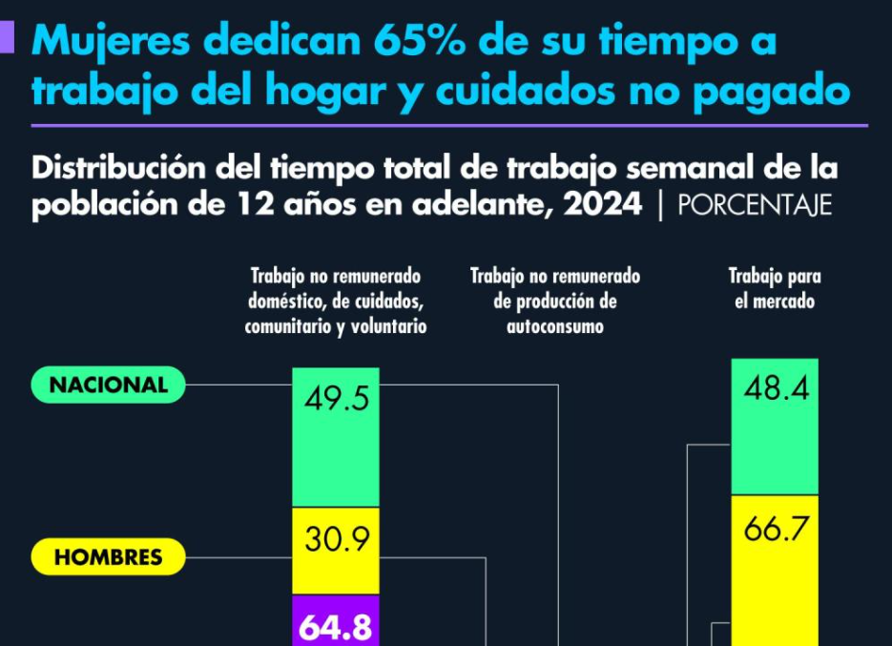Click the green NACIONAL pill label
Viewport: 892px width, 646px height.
click(108, 385)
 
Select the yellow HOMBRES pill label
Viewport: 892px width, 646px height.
click(108, 557)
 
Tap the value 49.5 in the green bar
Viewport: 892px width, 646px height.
click(336, 399)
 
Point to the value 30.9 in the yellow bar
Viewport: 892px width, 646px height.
click(336, 540)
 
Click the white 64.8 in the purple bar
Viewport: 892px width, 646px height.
click(336, 627)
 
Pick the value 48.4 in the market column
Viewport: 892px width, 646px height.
click(775, 389)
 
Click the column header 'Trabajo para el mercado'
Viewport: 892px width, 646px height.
click(775, 288)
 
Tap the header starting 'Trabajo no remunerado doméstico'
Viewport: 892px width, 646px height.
click(336, 301)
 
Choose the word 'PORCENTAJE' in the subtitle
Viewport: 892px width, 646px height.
click(755, 206)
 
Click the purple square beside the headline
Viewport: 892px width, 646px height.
click(7, 37)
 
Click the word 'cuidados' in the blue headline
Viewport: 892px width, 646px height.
click(529, 92)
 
